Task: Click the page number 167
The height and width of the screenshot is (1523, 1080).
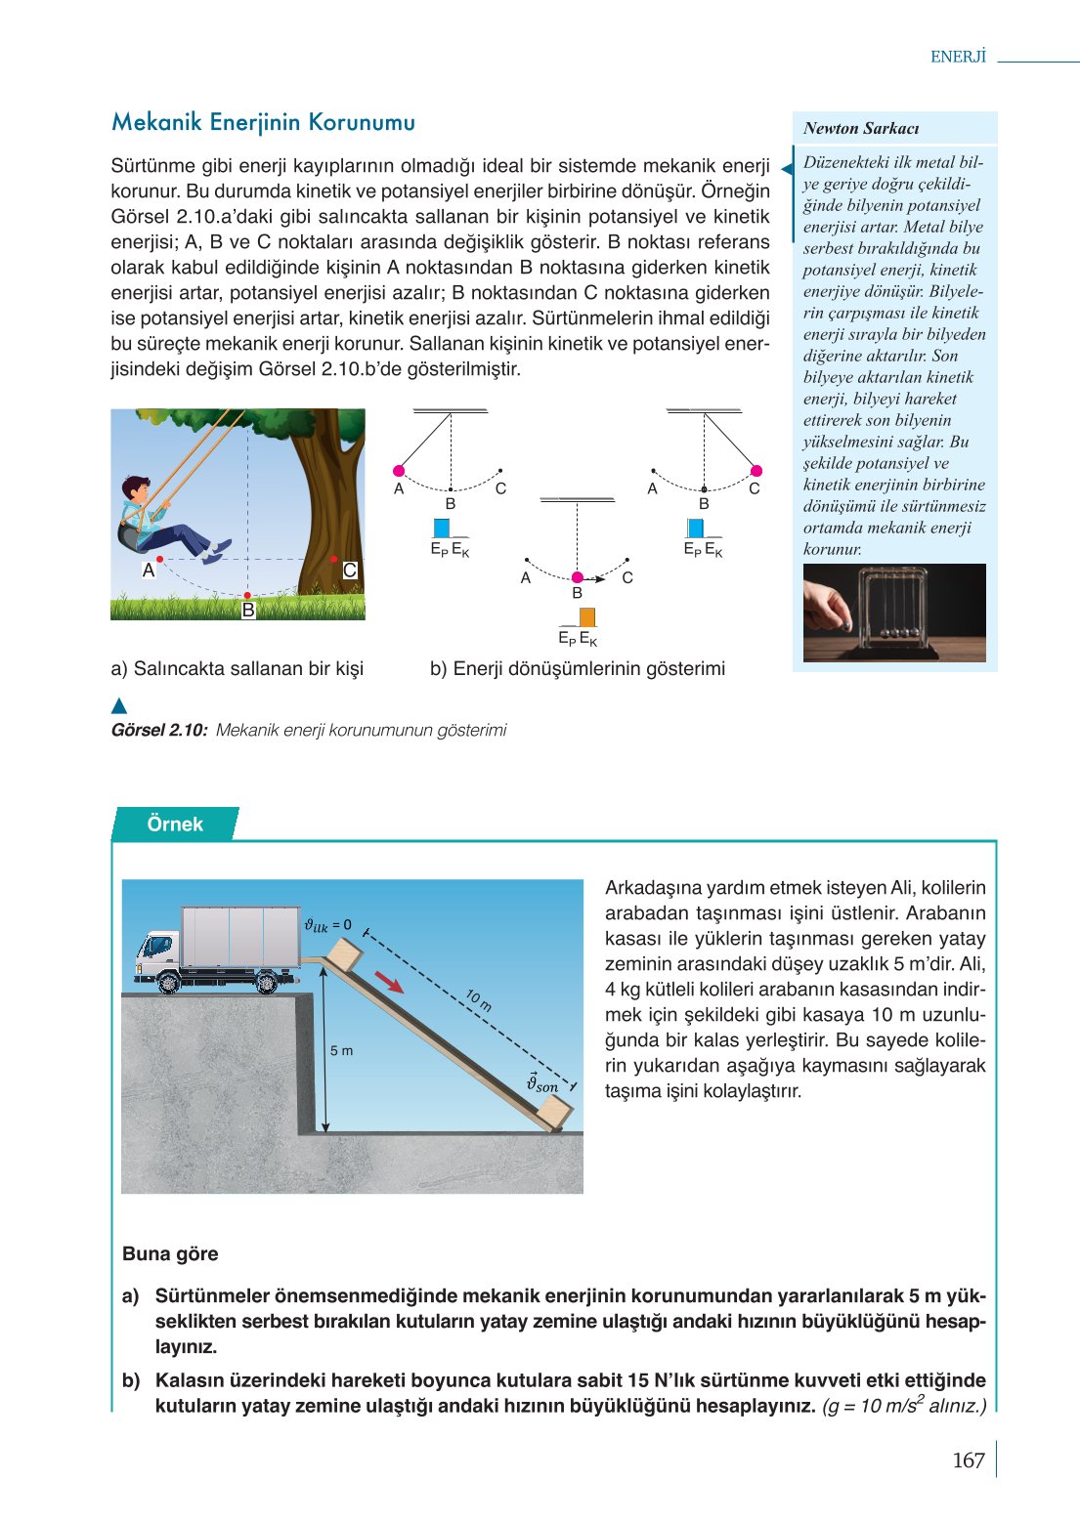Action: [968, 1460]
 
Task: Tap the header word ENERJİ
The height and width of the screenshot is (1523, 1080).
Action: [958, 57]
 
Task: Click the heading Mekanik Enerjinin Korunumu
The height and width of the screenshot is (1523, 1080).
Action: [263, 122]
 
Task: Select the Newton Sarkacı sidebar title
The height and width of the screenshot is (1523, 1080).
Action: [861, 128]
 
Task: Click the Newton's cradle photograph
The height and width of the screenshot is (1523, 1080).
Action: [894, 613]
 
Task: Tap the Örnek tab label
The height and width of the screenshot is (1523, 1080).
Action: [175, 824]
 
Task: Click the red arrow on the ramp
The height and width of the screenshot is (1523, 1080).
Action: [389, 982]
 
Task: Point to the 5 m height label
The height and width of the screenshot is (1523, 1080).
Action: [341, 1050]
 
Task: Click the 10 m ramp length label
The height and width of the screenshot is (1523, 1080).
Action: [478, 999]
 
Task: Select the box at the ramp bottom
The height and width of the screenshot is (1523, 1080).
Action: [553, 1112]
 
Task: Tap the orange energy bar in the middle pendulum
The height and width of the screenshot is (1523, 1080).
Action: [587, 617]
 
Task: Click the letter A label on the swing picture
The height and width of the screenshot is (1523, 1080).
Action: [149, 570]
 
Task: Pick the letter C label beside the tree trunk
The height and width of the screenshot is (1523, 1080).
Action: [350, 571]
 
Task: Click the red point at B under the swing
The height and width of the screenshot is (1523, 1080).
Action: [247, 595]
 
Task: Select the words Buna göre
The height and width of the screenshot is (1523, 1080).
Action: [170, 1253]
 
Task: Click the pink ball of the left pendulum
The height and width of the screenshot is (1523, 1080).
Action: [399, 471]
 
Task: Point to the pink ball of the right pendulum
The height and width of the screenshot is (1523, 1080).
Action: [756, 471]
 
